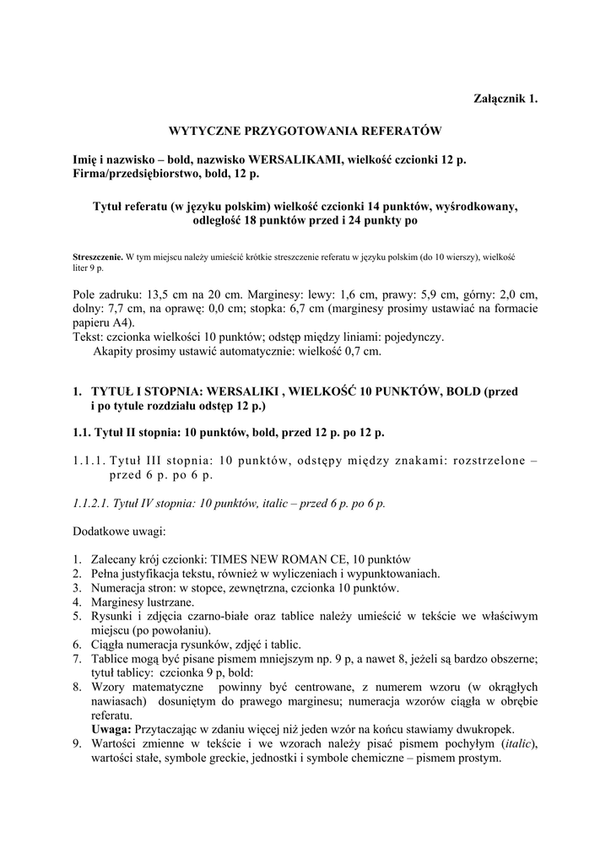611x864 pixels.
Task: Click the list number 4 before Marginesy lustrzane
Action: (76, 602)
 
